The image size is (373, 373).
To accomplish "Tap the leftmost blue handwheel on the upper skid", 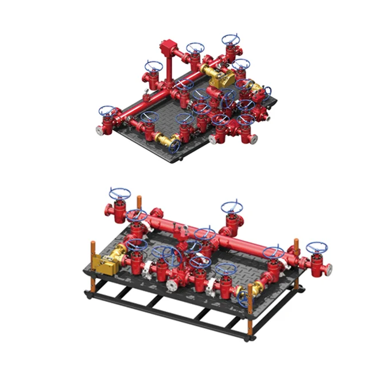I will coord(107,111).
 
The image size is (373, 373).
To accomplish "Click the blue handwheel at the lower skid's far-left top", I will coord(120,193).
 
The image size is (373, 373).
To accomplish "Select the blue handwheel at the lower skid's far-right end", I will coord(316,248).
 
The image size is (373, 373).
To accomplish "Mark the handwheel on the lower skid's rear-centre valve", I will coord(232,207).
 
